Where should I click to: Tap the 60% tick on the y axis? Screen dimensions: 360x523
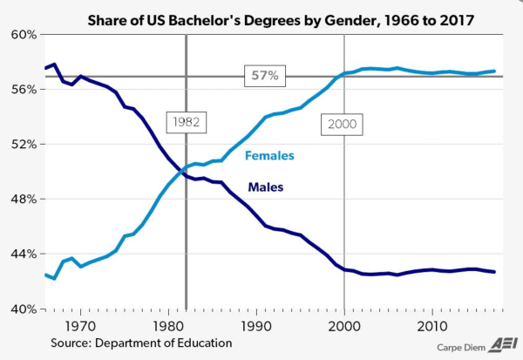pyautogui.click(x=22, y=35)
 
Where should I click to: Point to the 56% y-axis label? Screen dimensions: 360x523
pyautogui.click(x=22, y=90)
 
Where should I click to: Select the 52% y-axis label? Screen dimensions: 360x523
pyautogui.click(x=22, y=145)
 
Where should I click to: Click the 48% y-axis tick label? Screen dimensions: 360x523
pyautogui.click(x=22, y=200)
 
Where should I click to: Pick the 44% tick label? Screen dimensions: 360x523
pyautogui.click(x=22, y=255)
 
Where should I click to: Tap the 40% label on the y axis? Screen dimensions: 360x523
pyautogui.click(x=22, y=309)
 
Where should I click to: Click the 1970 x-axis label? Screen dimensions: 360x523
pyautogui.click(x=79, y=325)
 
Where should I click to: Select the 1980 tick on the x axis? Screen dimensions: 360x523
pyautogui.click(x=168, y=325)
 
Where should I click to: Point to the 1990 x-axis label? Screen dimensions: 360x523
pyautogui.click(x=256, y=325)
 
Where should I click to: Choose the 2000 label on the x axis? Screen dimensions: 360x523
pyautogui.click(x=345, y=325)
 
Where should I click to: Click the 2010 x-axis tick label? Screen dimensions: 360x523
pyautogui.click(x=433, y=325)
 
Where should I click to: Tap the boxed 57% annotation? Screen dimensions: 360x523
pyautogui.click(x=264, y=77)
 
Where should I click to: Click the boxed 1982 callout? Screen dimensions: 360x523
pyautogui.click(x=185, y=122)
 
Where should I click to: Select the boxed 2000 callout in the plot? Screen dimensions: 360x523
pyautogui.click(x=343, y=124)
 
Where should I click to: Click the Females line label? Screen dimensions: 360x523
pyautogui.click(x=269, y=156)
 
